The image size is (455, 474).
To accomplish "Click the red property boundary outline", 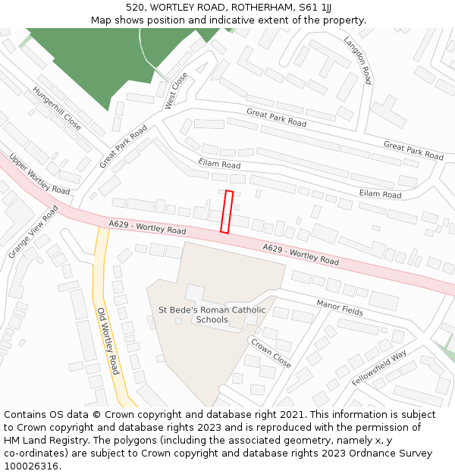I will point(226,212).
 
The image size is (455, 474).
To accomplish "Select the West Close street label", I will point(176,90).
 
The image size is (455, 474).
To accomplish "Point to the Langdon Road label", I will point(358,60).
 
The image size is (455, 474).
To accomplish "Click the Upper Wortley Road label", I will point(39,174).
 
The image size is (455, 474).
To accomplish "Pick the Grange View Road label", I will point(33,231).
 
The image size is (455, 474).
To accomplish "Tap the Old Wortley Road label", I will point(108,341).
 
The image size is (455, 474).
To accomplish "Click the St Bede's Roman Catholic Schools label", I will point(212,315).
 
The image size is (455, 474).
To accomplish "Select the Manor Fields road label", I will point(340,307).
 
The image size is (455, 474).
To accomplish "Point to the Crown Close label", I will point(271,353).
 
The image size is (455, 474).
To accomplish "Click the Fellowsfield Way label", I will point(379,368).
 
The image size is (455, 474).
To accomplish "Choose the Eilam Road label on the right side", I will point(380,195).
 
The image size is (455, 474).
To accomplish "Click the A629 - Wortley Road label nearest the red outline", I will point(147,227).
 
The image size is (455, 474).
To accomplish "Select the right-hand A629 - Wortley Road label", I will point(301,254).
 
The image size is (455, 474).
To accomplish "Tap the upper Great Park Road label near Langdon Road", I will point(276,118).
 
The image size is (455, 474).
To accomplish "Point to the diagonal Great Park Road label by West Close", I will point(123,147).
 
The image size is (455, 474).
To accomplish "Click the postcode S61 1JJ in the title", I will point(314,8).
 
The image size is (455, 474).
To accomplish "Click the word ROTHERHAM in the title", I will point(256,8).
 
